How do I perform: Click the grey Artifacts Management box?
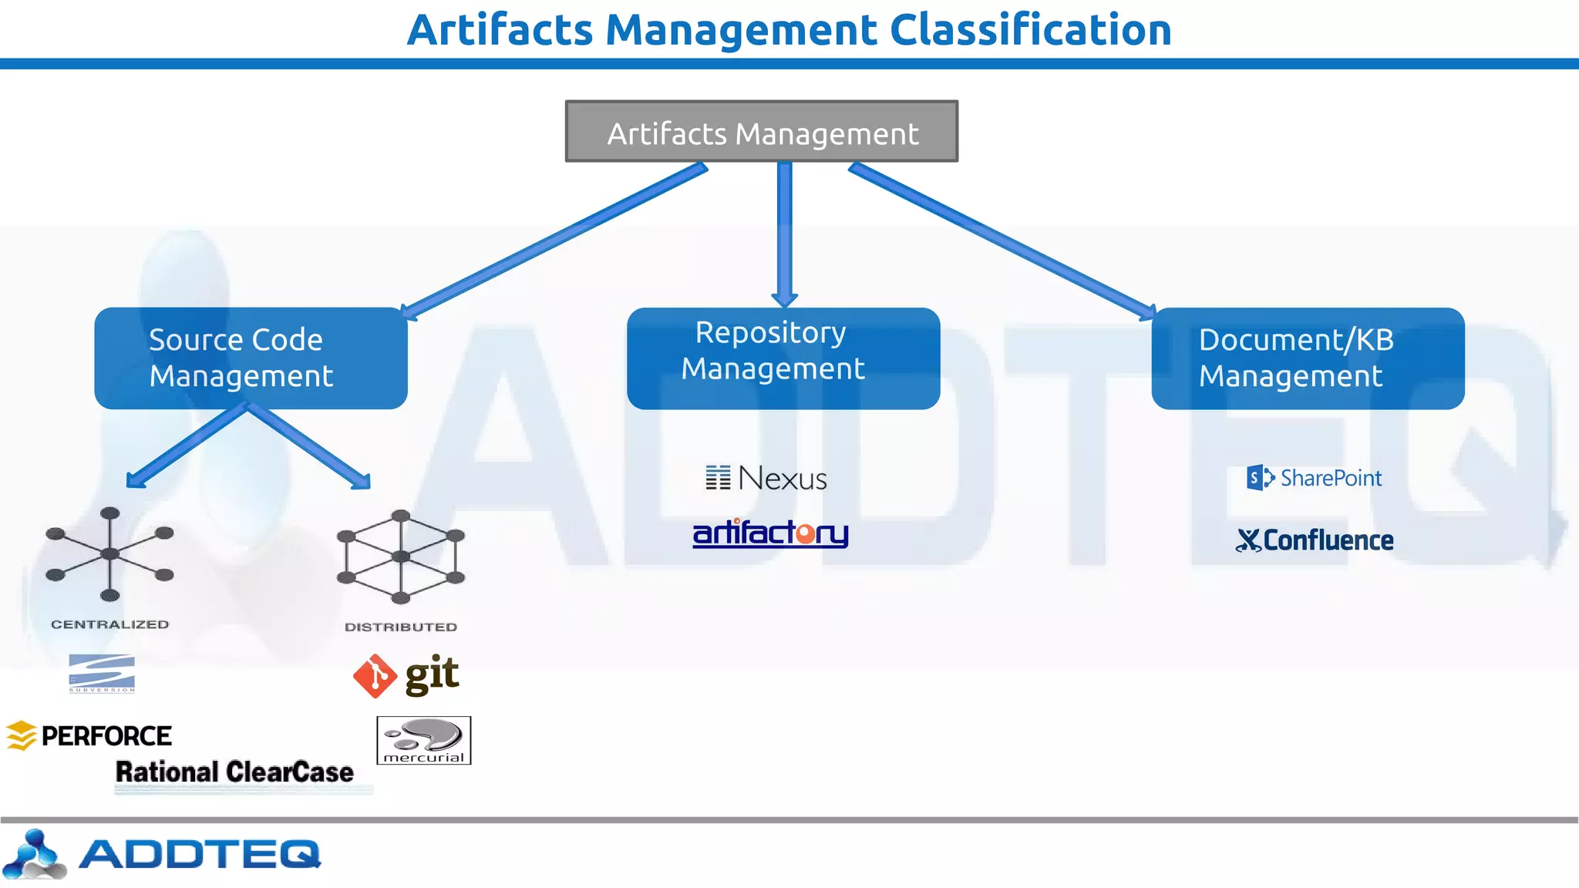coord(762,132)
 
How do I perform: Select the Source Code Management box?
coord(251,358)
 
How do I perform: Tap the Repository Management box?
coord(783,358)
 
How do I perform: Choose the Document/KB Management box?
coord(1308,358)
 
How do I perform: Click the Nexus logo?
coord(766,479)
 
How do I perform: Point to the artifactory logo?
coord(770,533)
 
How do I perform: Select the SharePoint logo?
coord(1315,478)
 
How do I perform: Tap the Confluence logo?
coord(1315,540)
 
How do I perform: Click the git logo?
coord(406,676)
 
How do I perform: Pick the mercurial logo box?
coord(423,741)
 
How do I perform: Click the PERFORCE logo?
coord(89,736)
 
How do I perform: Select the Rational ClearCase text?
coord(234,772)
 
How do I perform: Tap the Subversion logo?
coord(102,673)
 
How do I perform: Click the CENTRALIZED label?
coord(109,624)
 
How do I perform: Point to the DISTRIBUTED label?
coord(401,627)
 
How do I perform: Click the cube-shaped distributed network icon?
coord(401,557)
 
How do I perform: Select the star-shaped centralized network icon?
coord(109,553)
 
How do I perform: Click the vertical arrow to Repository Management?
coord(785,231)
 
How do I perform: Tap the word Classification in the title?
coord(1030,31)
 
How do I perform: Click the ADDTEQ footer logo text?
coord(199,854)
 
